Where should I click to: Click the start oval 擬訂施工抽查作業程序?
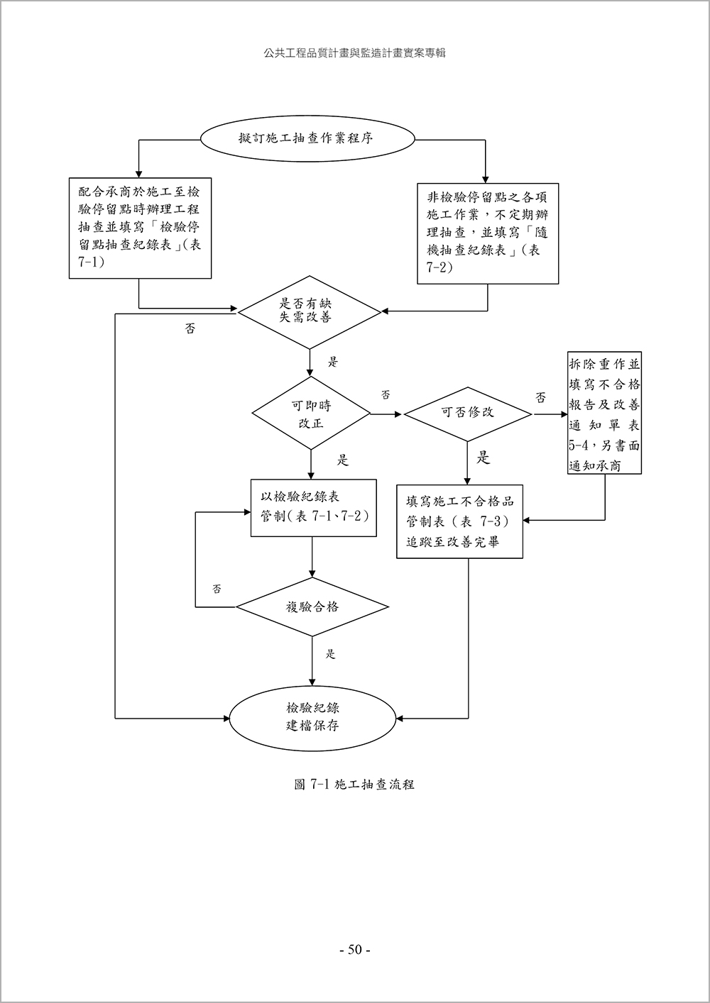point(306,138)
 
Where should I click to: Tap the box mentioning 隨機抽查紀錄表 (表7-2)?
point(487,234)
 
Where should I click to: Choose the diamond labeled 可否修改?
point(467,412)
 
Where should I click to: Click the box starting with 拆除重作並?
point(604,414)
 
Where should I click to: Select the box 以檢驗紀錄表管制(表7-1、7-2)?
point(313,507)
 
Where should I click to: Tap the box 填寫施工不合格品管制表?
point(459,521)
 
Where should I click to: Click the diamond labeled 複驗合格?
point(312,606)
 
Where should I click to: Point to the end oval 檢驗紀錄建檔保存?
point(312,717)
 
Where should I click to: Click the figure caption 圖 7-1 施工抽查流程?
point(354,785)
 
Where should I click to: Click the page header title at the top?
point(354,53)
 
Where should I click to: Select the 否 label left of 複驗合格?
point(217,589)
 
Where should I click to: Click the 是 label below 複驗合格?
point(330,654)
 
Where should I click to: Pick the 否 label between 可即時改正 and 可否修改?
point(386,394)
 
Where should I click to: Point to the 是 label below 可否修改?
point(483,458)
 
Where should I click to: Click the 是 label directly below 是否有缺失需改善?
point(332,362)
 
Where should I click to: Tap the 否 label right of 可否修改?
point(541,397)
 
